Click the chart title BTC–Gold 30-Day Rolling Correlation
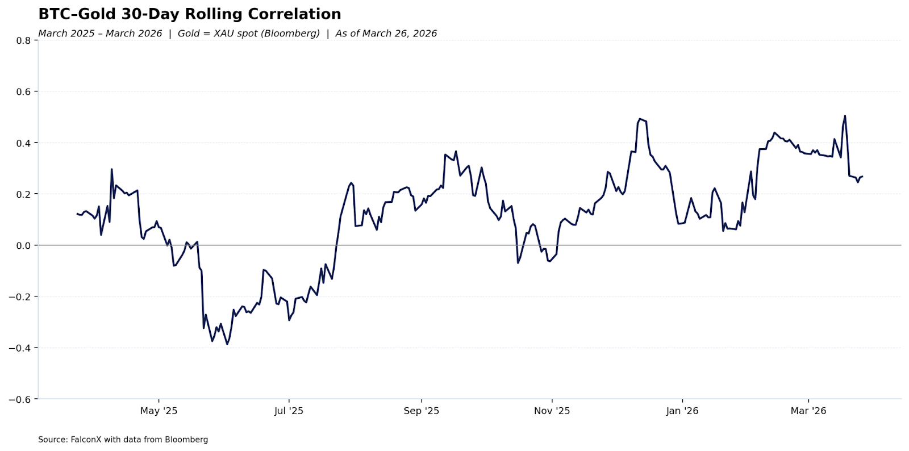(x=190, y=14)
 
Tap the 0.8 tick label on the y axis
(x=23, y=40)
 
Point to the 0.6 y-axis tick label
(x=23, y=91)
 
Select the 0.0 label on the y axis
(x=23, y=245)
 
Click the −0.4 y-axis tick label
(x=20, y=348)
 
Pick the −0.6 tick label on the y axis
(x=20, y=399)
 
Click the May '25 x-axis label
(x=159, y=411)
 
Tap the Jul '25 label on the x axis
(x=289, y=411)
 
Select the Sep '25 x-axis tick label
(x=421, y=411)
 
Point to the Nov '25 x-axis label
(x=552, y=411)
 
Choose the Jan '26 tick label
(x=682, y=411)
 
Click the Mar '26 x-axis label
(x=808, y=411)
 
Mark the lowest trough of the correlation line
(x=227, y=344)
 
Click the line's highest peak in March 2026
(x=845, y=116)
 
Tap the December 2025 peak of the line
(x=640, y=119)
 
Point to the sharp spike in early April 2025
(x=111, y=169)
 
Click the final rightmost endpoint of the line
(x=862, y=177)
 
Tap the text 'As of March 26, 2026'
(x=386, y=34)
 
